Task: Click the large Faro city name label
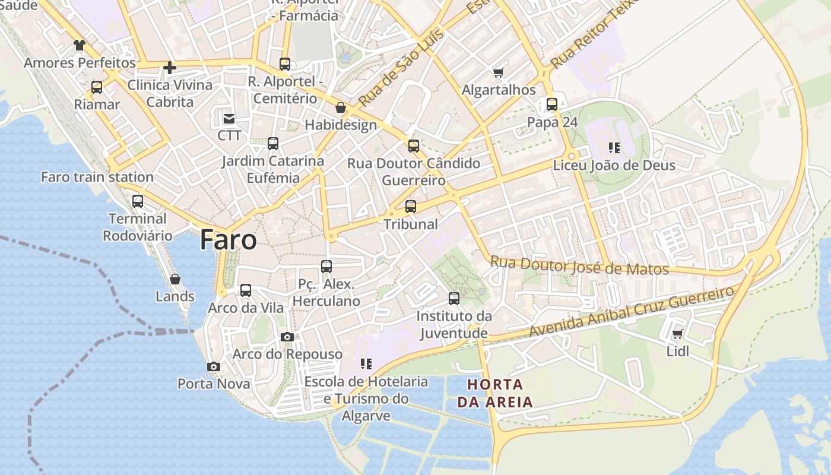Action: click(229, 240)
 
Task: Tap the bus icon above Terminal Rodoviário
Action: click(138, 201)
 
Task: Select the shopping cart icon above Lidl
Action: click(678, 334)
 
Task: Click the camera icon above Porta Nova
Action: click(214, 367)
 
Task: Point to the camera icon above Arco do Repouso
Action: click(287, 337)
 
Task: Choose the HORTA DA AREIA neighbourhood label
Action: click(495, 393)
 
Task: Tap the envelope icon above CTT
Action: click(229, 118)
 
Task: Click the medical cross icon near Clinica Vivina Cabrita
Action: click(170, 68)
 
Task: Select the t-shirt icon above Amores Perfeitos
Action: click(80, 45)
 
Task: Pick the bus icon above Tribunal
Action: click(411, 207)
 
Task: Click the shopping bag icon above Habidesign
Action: click(341, 107)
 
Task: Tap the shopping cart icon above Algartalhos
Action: click(499, 73)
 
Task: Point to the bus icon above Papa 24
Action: click(552, 105)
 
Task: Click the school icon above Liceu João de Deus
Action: click(614, 147)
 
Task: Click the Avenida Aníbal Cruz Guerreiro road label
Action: click(632, 312)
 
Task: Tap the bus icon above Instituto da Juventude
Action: click(454, 298)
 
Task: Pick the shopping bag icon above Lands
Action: click(175, 279)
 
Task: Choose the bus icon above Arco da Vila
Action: click(246, 291)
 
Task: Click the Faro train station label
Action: click(97, 177)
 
